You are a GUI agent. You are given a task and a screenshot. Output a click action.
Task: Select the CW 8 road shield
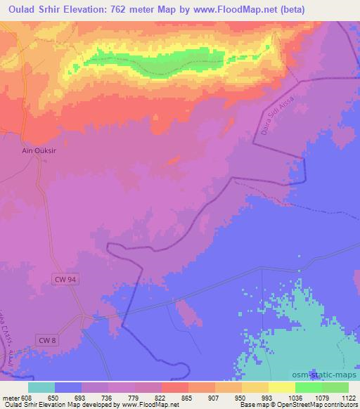point(46,341)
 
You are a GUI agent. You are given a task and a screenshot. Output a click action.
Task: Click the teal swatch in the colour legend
point(41,387)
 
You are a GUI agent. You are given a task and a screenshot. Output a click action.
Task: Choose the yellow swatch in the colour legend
point(281,387)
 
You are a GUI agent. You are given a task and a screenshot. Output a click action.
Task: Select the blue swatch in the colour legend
point(68,387)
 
